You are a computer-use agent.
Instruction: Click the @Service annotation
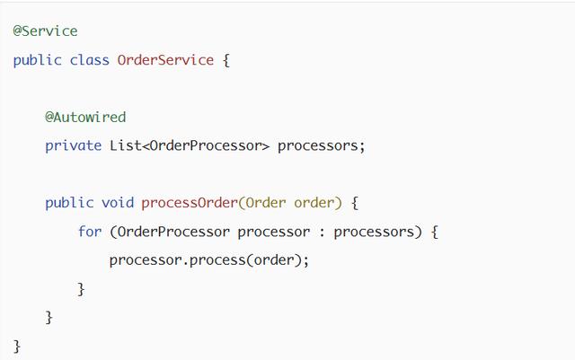45,31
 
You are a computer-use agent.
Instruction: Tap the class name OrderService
165,60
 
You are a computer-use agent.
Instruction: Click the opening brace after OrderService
226,60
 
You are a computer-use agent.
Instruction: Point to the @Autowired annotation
85,117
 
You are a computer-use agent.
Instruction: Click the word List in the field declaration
125,145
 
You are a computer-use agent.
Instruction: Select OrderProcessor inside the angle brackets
205,145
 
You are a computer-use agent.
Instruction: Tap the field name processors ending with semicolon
321,145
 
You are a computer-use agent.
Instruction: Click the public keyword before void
69,203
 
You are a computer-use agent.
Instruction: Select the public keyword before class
37,60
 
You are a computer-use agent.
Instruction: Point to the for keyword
89,232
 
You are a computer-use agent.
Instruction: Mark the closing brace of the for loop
82,289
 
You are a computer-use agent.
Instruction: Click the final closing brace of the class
17,346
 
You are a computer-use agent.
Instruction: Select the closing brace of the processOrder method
49,318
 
